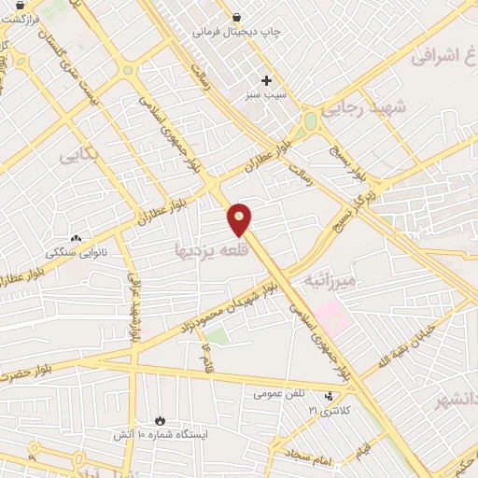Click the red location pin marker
[x=240, y=218]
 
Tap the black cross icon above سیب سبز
[x=266, y=81]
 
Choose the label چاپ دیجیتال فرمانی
[x=237, y=32]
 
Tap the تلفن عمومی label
[x=279, y=394]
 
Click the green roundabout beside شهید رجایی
[x=310, y=121]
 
